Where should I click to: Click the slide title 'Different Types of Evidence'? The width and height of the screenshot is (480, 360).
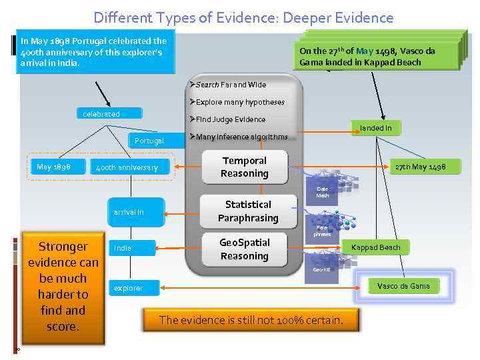tap(243, 17)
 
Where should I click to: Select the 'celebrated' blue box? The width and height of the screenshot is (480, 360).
tap(101, 114)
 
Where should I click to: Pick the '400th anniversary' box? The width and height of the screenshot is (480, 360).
tap(127, 167)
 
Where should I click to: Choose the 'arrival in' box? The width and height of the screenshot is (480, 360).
tap(136, 212)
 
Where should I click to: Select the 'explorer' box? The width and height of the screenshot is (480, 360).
tap(127, 289)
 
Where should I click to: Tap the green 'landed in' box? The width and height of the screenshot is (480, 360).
tap(376, 128)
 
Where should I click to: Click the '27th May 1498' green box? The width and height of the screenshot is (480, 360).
tap(420, 167)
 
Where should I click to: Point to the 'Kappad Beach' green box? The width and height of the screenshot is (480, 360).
tap(376, 247)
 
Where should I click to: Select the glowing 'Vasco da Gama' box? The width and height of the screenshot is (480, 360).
tap(403, 286)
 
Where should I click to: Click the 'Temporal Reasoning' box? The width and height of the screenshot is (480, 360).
tap(245, 167)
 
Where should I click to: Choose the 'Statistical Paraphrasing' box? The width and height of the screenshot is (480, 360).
tap(247, 211)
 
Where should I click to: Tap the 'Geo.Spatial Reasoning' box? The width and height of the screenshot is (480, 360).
tap(244, 249)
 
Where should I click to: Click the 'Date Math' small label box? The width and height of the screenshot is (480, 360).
tap(323, 192)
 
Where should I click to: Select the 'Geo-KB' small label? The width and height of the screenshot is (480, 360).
tap(321, 270)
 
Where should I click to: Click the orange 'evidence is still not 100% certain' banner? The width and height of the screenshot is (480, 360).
tap(251, 320)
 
